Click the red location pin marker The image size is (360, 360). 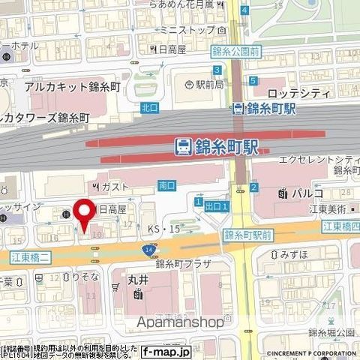(x=86, y=211)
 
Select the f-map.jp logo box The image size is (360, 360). (x=166, y=350)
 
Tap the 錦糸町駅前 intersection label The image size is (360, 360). (x=249, y=235)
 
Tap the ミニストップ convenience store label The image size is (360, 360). (x=190, y=29)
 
